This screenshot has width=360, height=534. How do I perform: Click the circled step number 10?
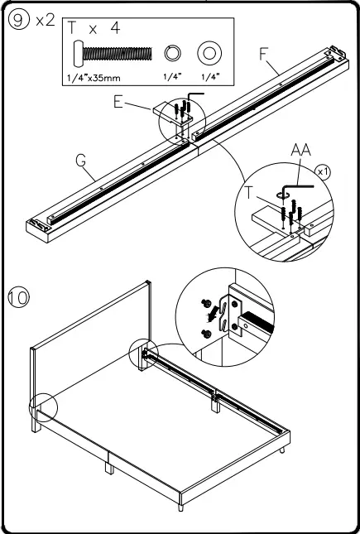coord(19,297)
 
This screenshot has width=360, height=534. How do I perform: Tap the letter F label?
coord(264,54)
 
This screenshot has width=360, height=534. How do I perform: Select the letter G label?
coord(81,161)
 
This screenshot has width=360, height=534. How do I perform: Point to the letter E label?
coord(118,102)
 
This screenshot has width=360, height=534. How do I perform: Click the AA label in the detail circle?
coord(300,150)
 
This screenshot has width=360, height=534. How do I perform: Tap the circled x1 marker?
coord(323,172)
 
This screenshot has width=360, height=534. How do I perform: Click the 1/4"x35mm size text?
coord(94,78)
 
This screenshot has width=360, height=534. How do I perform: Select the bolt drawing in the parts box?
coord(113,54)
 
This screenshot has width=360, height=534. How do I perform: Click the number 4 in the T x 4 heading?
coord(116,28)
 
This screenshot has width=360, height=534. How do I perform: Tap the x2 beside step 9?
coord(46,22)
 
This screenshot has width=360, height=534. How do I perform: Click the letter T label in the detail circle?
coord(249,193)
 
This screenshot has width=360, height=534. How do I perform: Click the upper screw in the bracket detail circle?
coord(206,302)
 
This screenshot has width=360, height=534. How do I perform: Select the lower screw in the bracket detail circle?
coord(206,334)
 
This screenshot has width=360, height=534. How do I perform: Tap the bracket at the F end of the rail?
coord(335,53)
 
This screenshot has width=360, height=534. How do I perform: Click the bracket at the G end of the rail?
coord(38,224)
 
